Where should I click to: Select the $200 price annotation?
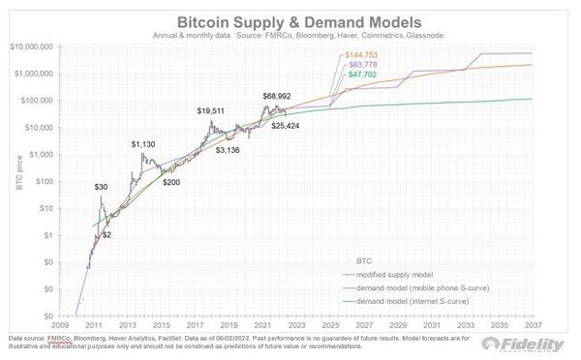click(171, 182)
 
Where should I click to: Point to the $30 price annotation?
click(101, 186)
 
